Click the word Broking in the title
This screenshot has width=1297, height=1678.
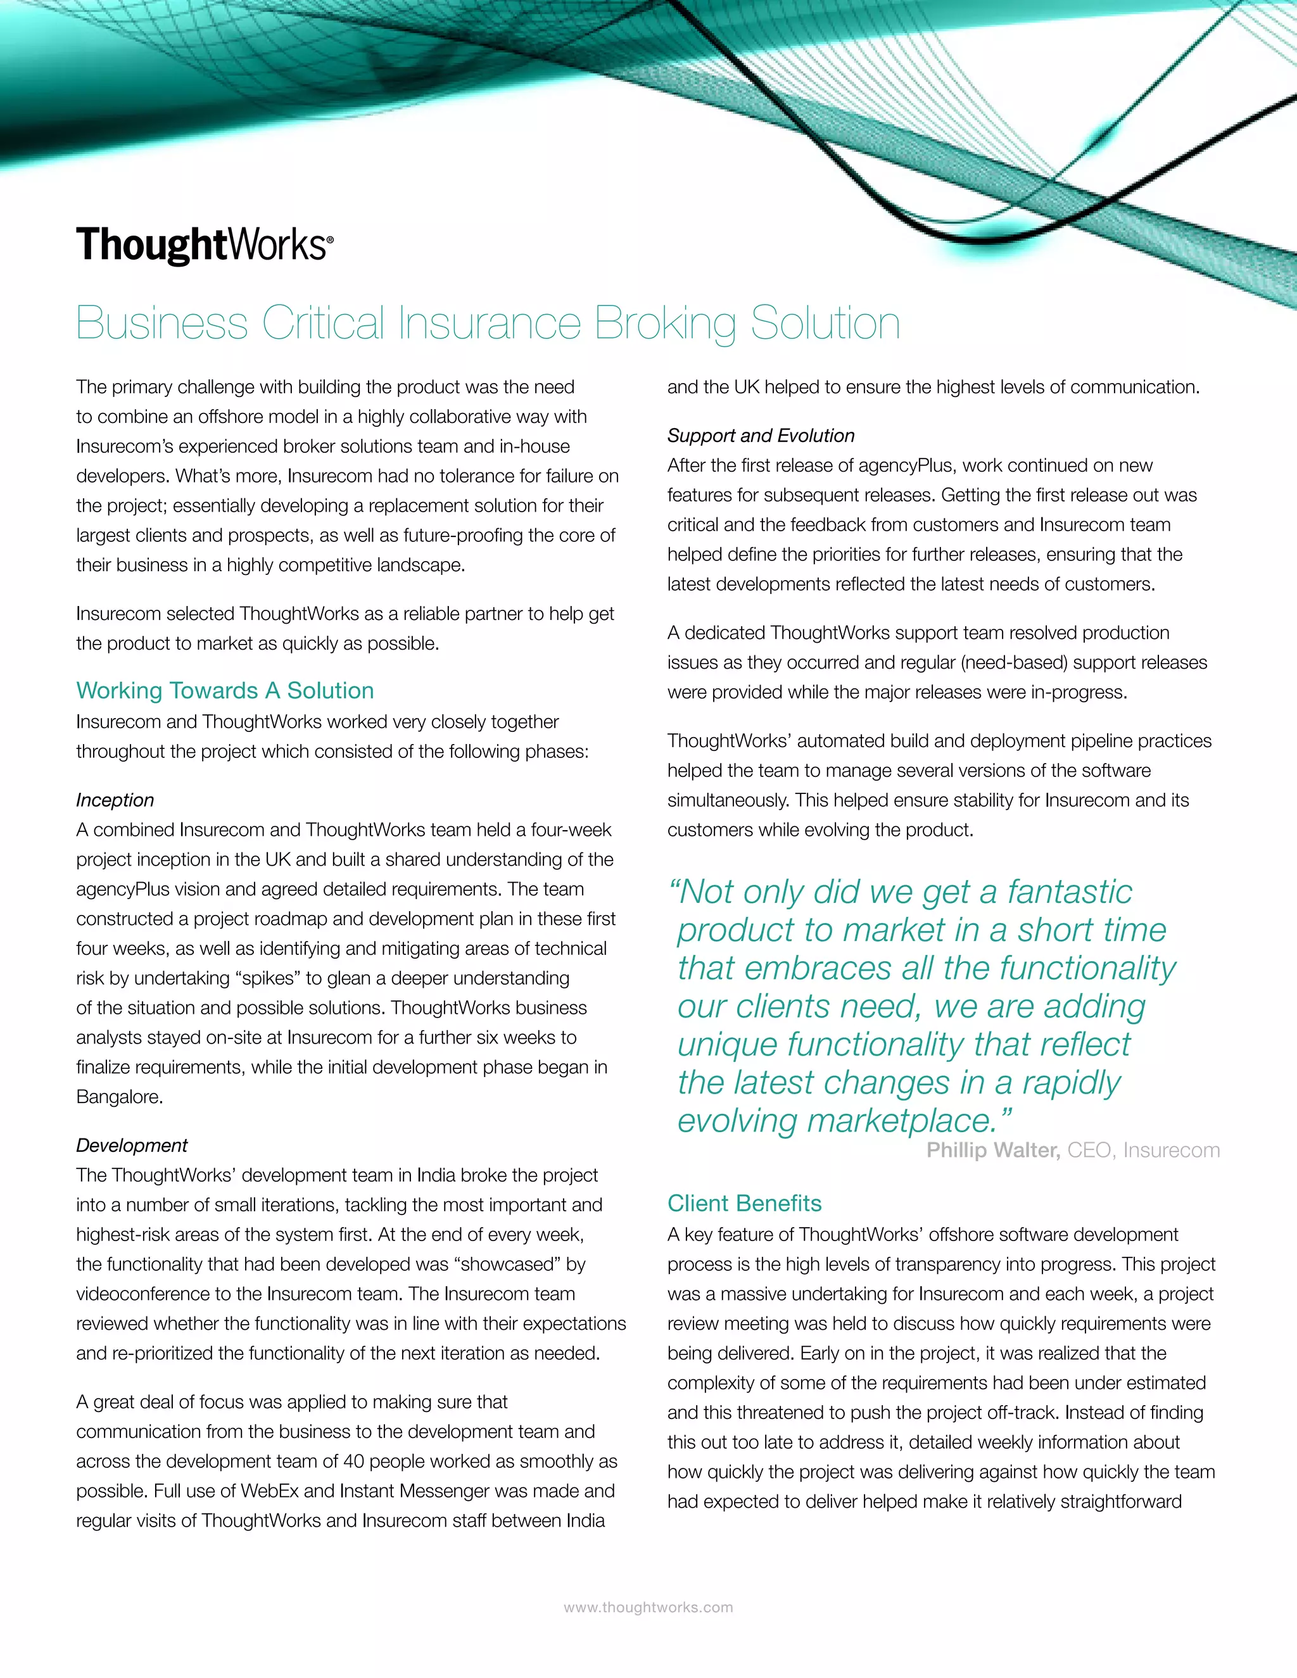tap(664, 323)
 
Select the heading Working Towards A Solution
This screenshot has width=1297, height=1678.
tap(225, 690)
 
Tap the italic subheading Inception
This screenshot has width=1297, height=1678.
tap(115, 800)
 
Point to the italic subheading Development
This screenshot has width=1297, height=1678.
tap(131, 1145)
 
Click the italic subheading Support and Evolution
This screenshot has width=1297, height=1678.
tap(761, 436)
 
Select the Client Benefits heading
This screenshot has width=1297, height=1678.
tap(743, 1202)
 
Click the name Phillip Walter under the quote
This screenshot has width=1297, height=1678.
tap(993, 1149)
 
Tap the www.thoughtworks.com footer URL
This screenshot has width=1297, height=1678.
tap(648, 1607)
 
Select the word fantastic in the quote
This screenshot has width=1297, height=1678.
tap(1070, 892)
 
